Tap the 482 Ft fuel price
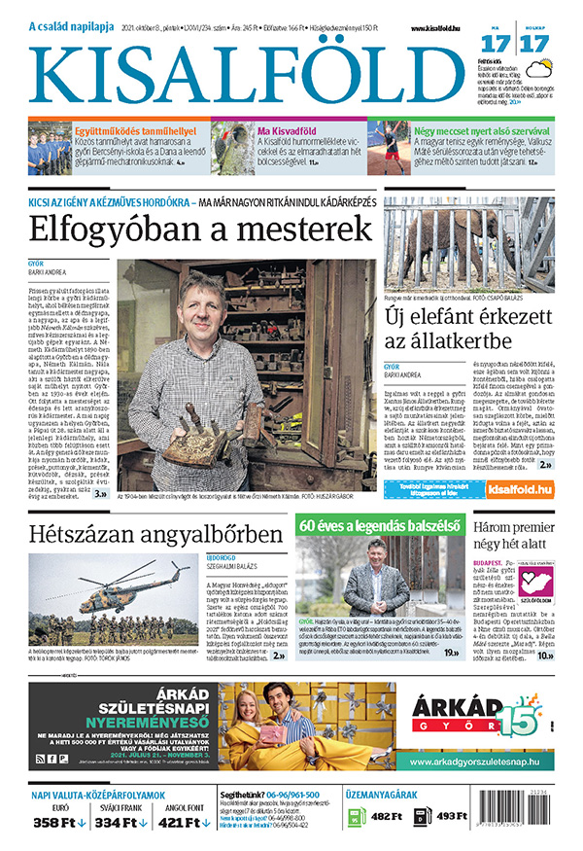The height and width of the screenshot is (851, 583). pyautogui.click(x=386, y=816)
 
